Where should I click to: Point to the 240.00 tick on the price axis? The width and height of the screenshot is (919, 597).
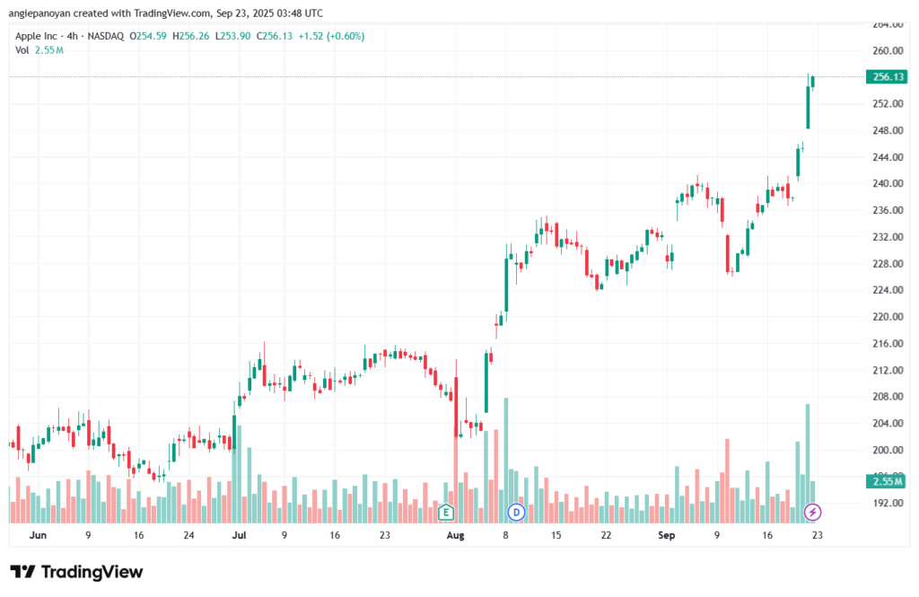(x=887, y=184)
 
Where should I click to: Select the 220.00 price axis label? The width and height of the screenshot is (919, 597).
(x=887, y=317)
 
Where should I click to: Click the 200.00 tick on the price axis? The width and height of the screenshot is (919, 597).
(x=887, y=450)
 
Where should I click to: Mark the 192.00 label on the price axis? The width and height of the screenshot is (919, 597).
(x=887, y=503)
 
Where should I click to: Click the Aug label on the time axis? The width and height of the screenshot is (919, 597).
(x=455, y=535)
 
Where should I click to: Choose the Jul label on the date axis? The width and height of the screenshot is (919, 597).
(x=239, y=535)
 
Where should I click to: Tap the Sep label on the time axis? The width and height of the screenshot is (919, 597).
(x=666, y=535)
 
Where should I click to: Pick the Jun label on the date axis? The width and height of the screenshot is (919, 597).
(x=37, y=535)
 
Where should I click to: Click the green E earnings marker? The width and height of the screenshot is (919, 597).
(x=444, y=513)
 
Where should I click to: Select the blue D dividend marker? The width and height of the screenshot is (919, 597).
(x=516, y=513)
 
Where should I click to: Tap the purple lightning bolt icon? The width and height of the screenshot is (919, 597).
(x=813, y=513)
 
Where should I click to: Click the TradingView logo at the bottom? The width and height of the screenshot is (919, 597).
(x=76, y=572)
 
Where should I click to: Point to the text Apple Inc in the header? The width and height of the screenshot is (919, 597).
(x=37, y=36)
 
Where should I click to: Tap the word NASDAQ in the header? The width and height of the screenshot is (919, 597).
(x=104, y=36)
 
